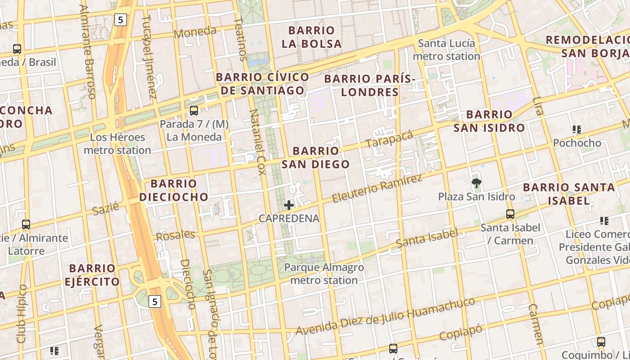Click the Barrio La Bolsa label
pyautogui.click(x=311, y=37)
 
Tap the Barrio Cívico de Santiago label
pyautogui.click(x=262, y=84)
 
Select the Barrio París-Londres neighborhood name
pyautogui.click(x=369, y=85)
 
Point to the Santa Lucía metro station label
pyautogui.click(x=446, y=50)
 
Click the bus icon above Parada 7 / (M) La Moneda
pyautogui.click(x=194, y=110)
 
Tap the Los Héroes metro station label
pyautogui.click(x=117, y=144)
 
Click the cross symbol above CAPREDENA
pyautogui.click(x=289, y=205)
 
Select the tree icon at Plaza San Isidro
pyautogui.click(x=476, y=183)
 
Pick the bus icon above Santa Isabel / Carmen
pyautogui.click(x=510, y=214)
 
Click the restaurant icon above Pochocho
pyautogui.click(x=577, y=130)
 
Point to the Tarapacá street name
pyautogui.click(x=389, y=139)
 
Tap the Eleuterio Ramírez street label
pyautogui.click(x=377, y=188)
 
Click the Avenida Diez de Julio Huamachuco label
pyautogui.click(x=385, y=317)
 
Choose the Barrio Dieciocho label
pyautogui.click(x=174, y=190)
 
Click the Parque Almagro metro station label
pyautogui.click(x=324, y=274)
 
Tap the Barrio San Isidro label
pyautogui.click(x=489, y=121)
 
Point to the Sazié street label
pyautogui.click(x=106, y=209)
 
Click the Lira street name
pyautogui.click(x=537, y=106)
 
